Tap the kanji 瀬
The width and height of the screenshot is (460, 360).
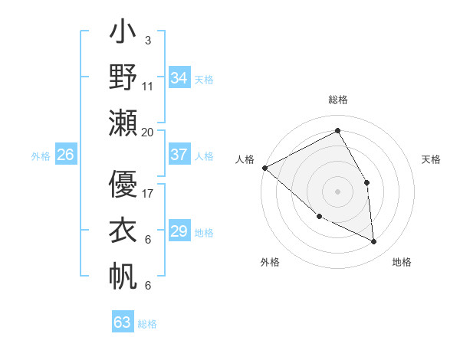pyautogui.click(x=123, y=123)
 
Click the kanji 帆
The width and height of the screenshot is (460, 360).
pyautogui.click(x=123, y=276)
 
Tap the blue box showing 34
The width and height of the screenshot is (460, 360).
pyautogui.click(x=179, y=77)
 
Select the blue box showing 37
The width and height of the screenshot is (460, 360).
pyautogui.click(x=179, y=155)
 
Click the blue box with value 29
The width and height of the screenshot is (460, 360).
pyautogui.click(x=179, y=231)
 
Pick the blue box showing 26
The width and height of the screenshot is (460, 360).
pyautogui.click(x=66, y=155)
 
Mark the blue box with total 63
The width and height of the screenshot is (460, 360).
pyautogui.click(x=123, y=322)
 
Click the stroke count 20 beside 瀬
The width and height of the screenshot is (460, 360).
pyautogui.click(x=148, y=132)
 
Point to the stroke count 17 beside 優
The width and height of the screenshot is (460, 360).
pyautogui.click(x=148, y=193)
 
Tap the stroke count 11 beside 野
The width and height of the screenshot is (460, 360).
pyautogui.click(x=148, y=86)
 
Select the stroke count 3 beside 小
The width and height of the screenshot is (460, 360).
pyautogui.click(x=148, y=40)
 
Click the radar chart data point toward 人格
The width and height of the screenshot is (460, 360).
pyautogui.click(x=264, y=168)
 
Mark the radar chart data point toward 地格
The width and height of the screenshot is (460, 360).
pyautogui.click(x=373, y=242)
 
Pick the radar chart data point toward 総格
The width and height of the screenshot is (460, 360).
pyautogui.click(x=337, y=130)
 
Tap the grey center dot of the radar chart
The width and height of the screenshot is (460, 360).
pyautogui.click(x=337, y=191)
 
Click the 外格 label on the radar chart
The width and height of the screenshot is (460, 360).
pyautogui.click(x=270, y=262)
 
